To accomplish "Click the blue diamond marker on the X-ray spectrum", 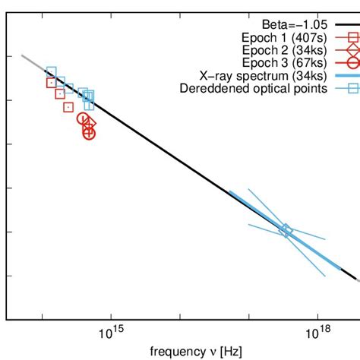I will tap(286, 230).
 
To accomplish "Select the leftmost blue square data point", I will tap(51, 71).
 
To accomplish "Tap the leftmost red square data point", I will tap(52, 83).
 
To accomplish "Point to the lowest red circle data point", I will tap(89, 133).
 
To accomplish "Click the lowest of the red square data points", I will tap(68, 107).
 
